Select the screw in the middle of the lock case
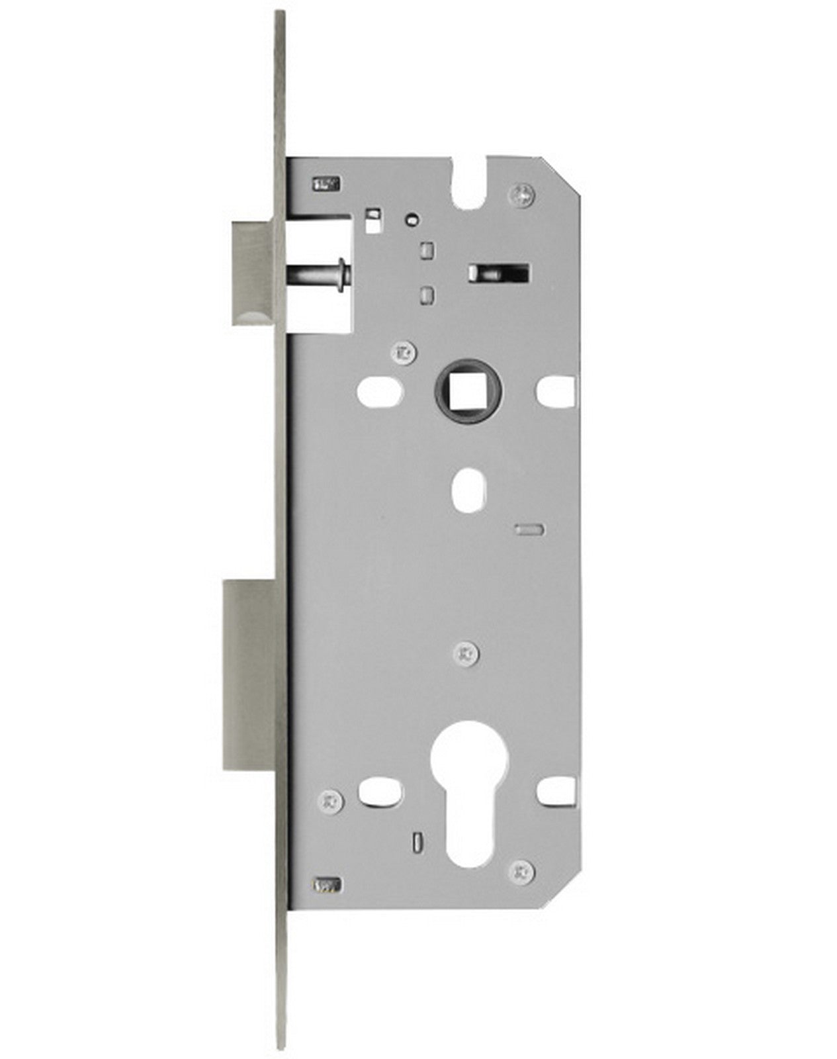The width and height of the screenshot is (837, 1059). tap(468, 653)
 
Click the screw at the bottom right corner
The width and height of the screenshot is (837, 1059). tap(522, 871)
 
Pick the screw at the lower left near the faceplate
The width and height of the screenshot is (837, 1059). tap(331, 802)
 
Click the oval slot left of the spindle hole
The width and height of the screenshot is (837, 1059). tap(380, 392)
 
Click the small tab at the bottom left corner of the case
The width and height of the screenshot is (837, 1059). tap(328, 884)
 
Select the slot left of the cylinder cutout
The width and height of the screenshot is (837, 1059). tap(380, 790)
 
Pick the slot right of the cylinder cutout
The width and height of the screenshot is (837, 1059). tap(556, 789)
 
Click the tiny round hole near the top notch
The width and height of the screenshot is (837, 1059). tap(412, 218)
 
